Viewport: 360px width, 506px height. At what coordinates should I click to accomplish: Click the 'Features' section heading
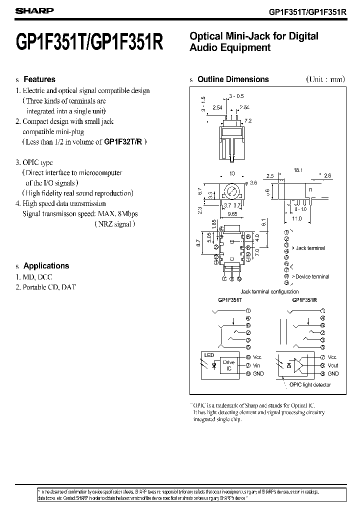click(39, 79)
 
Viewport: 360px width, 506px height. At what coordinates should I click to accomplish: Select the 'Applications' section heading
click(46, 266)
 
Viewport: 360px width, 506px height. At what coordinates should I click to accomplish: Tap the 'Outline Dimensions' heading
click(233, 79)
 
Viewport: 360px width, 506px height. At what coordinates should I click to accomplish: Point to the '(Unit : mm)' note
click(325, 79)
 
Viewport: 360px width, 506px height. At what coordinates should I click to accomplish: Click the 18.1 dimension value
click(298, 170)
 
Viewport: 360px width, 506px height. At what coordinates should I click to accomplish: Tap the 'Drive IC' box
click(228, 365)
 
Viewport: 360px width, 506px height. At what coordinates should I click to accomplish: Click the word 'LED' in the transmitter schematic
click(209, 355)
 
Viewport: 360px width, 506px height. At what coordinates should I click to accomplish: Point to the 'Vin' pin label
click(257, 365)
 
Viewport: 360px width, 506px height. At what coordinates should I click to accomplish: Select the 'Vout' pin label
click(333, 365)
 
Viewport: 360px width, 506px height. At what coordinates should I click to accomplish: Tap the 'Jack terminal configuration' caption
click(269, 291)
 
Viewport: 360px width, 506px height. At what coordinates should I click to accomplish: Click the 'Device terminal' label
click(313, 276)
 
